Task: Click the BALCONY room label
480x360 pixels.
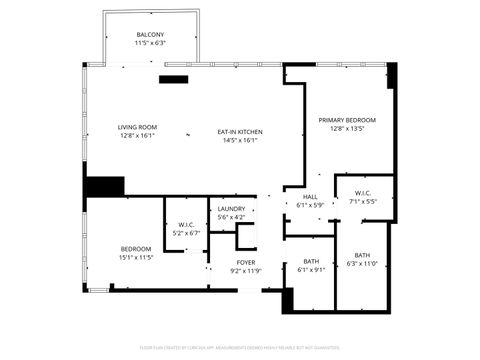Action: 150,35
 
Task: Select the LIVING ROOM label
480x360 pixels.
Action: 137,127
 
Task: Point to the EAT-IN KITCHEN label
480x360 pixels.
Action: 239,132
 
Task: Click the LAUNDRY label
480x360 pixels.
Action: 231,209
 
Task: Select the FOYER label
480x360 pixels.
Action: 245,262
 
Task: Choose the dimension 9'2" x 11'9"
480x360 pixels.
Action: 245,271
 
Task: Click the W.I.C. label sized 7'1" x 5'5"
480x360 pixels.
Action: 362,193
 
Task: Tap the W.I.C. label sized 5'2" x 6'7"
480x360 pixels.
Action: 186,224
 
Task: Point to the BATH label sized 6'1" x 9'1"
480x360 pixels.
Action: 311,262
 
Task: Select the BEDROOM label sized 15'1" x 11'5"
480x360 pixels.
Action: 136,248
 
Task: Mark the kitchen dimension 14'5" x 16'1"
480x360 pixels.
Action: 239,141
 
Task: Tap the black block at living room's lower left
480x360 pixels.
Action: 104,187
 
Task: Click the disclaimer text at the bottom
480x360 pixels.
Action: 240,349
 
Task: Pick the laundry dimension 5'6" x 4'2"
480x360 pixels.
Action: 231,218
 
